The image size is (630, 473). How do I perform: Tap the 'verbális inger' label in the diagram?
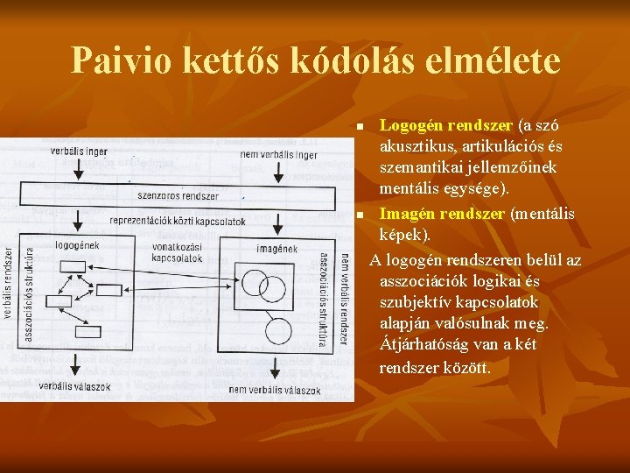(80, 151)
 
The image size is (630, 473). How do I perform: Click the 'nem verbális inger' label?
(278, 156)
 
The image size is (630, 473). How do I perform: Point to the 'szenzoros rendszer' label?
(178, 196)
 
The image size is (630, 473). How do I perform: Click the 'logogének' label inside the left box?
(77, 245)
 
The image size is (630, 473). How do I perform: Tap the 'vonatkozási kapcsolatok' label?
(177, 253)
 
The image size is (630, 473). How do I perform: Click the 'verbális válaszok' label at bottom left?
(74, 385)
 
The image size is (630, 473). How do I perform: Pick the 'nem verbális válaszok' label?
(275, 390)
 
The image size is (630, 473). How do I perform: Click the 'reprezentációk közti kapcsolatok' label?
(178, 222)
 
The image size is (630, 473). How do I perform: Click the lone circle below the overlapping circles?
(278, 331)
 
